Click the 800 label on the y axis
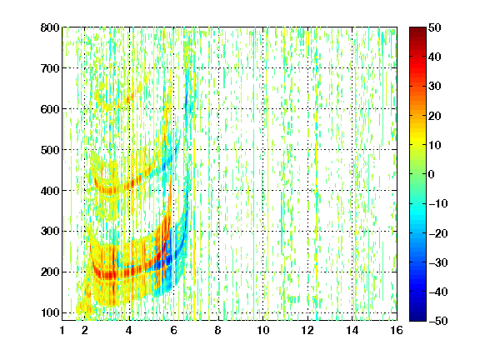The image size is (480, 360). click(50, 27)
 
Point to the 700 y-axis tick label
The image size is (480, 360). click(50, 68)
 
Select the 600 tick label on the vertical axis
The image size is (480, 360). click(50, 109)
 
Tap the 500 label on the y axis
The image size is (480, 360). click(50, 150)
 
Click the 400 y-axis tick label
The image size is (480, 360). click(50, 191)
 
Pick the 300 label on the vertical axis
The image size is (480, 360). click(50, 231)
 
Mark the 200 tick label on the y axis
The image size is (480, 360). click(50, 272)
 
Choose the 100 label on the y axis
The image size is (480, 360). click(50, 312)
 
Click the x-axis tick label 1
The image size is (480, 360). click(62, 330)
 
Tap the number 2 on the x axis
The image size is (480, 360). click(85, 330)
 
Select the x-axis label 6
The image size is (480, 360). click(173, 330)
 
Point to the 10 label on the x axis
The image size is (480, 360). click(263, 330)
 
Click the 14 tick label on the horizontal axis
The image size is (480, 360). click(352, 330)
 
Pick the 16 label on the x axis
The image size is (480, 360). click(397, 330)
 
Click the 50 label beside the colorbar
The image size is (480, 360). click(435, 27)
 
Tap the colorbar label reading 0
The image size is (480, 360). click(432, 174)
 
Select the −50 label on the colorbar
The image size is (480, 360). click(438, 321)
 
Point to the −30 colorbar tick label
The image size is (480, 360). click(438, 262)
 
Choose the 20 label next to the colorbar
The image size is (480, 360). click(435, 116)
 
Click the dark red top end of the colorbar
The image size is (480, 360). click(417, 28)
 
